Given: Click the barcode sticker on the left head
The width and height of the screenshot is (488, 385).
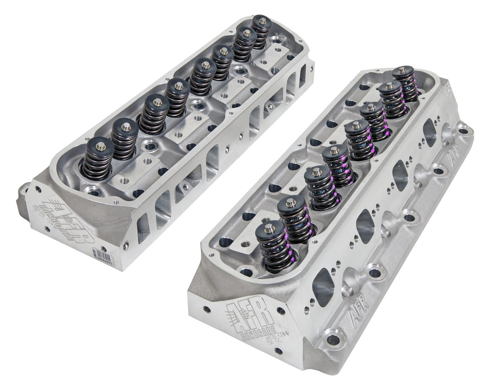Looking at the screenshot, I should point(103,256).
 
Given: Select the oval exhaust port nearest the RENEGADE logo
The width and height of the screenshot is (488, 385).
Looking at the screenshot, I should point(324,287).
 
